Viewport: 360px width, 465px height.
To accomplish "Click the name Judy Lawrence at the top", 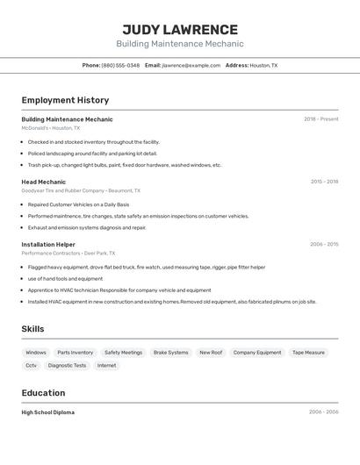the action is click(x=180, y=29).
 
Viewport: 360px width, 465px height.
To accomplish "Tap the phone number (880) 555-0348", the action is click(x=120, y=65).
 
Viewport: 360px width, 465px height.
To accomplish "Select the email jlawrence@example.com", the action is click(x=191, y=65).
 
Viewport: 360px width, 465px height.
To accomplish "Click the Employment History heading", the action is click(x=65, y=100).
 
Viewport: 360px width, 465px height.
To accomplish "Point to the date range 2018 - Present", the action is click(x=320, y=119).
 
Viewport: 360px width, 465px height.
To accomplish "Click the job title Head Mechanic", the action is click(x=43, y=182).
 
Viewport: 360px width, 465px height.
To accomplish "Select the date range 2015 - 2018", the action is click(x=324, y=182).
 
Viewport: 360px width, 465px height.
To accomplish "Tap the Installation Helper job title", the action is click(x=48, y=245).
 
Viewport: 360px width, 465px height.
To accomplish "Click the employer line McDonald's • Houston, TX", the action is click(x=50, y=128).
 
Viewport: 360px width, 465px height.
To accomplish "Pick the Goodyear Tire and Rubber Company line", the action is click(x=80, y=190).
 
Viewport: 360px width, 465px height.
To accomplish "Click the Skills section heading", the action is click(x=32, y=329).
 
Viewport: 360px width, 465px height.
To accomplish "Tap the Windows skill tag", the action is click(x=36, y=353).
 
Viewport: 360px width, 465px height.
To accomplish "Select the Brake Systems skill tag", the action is click(x=170, y=353).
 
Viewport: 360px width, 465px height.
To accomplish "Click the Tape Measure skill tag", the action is click(x=308, y=353).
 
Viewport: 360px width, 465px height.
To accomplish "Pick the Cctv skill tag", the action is click(x=31, y=365).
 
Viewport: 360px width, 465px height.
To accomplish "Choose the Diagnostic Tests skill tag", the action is click(x=67, y=365).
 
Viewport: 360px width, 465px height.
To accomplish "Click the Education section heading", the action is click(x=43, y=393).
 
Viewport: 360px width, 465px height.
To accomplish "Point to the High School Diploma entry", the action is click(x=47, y=412).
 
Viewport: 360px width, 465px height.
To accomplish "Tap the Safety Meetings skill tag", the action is click(x=123, y=353).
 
